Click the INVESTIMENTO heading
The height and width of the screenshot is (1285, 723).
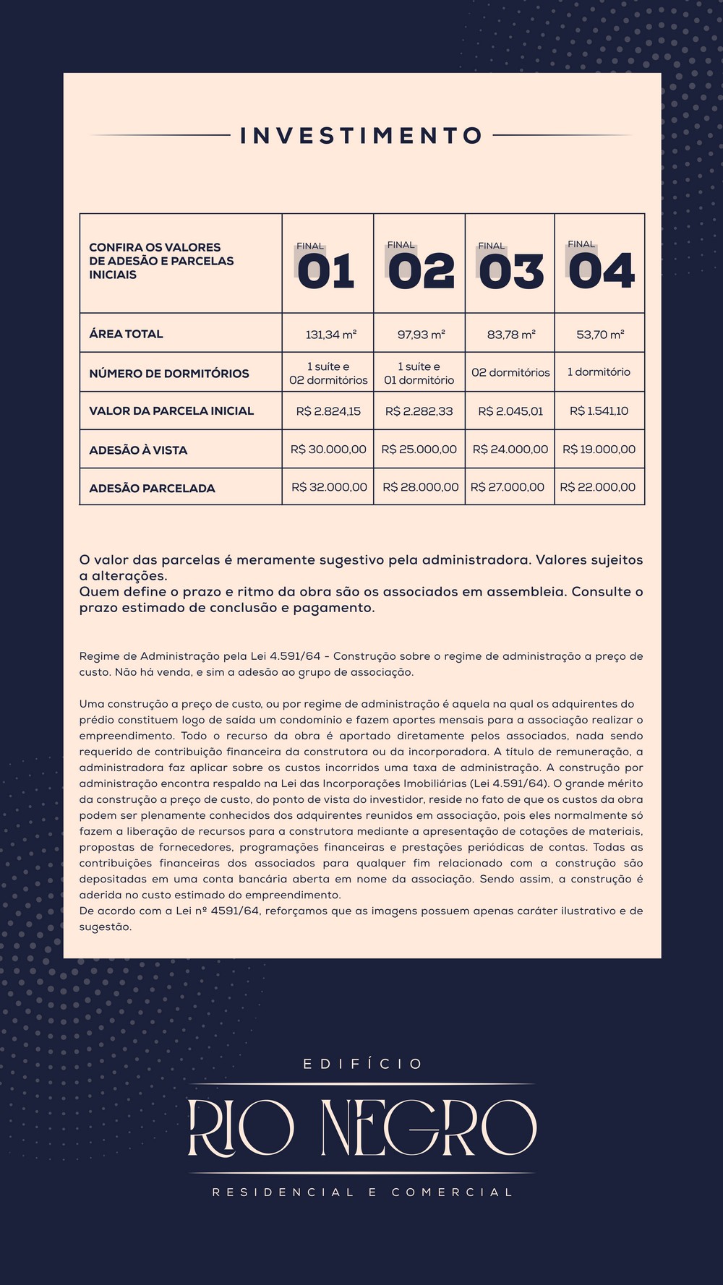(361, 136)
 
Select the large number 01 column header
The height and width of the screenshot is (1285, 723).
(326, 271)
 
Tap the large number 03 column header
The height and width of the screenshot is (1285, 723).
(510, 271)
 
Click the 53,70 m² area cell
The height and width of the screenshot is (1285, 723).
(600, 335)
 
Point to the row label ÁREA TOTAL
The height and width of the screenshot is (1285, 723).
(126, 334)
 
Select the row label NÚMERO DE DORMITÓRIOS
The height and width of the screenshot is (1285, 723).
(168, 374)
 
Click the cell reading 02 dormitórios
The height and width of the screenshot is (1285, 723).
(510, 373)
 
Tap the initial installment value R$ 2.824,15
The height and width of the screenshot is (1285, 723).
(328, 411)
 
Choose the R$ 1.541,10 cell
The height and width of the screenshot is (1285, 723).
(599, 411)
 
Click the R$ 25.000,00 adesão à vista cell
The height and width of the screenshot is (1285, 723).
(419, 450)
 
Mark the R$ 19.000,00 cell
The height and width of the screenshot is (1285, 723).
(599, 450)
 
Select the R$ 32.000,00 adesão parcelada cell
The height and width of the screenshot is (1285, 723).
(329, 487)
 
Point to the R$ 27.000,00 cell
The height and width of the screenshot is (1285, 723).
(508, 487)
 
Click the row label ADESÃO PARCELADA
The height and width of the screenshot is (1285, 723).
(152, 489)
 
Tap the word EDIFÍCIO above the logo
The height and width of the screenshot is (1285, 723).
(362, 1064)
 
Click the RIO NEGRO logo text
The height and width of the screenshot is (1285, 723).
(361, 1127)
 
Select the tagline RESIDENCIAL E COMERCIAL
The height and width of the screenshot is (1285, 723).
(362, 1192)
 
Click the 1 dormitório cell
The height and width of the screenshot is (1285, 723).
(599, 372)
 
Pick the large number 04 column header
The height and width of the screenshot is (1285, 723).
(601, 271)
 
